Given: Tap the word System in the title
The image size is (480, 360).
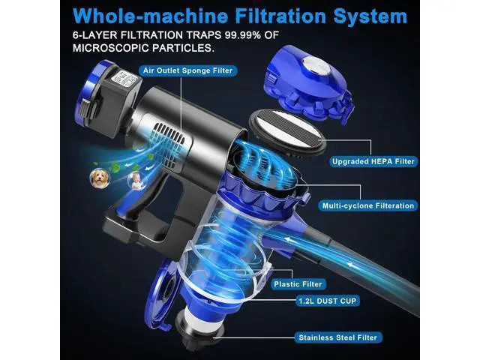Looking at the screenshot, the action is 370,16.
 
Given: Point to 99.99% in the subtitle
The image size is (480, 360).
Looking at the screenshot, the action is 243,35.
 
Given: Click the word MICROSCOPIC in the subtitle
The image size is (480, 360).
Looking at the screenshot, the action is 110,48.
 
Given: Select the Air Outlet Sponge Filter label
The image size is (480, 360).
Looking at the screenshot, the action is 187,70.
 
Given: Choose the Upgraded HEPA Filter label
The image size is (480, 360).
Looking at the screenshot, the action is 373,161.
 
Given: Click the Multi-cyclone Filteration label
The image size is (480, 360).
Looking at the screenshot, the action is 368,205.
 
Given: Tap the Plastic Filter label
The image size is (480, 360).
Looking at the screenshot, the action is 298,284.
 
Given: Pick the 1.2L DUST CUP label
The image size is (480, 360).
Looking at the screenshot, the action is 328,301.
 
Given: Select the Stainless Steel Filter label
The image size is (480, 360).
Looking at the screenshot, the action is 338,337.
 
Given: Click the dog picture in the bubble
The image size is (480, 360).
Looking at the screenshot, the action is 100,178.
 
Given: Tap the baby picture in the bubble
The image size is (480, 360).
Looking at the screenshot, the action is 136,181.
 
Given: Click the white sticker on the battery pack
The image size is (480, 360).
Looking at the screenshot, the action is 124,79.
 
